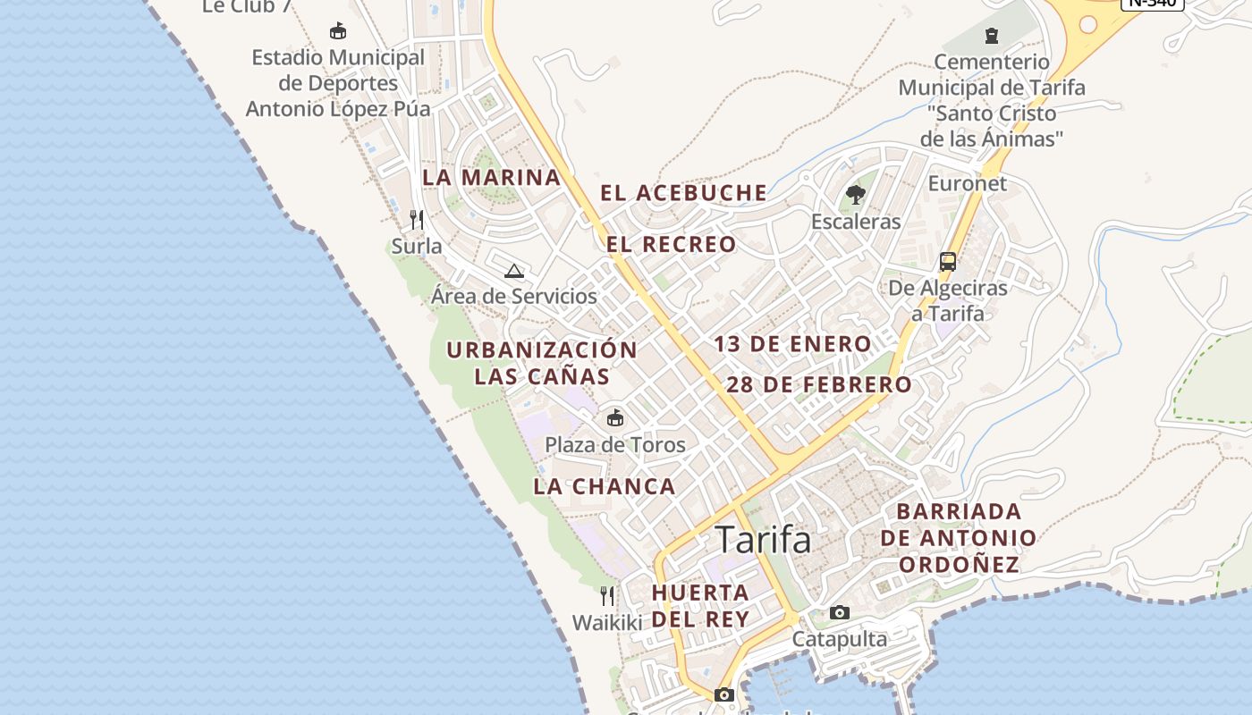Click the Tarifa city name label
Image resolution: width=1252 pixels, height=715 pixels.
tap(763, 540)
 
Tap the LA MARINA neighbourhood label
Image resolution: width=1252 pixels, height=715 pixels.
tap(491, 177)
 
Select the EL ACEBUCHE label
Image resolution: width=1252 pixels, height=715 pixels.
tap(683, 193)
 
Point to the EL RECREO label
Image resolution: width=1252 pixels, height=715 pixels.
tap(672, 245)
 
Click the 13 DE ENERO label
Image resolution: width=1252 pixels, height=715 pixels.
tap(792, 344)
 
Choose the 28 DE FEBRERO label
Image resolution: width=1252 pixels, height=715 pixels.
tap(819, 385)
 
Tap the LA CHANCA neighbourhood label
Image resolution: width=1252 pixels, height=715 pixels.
tap(605, 487)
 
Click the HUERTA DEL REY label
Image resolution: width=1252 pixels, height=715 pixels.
tap(700, 605)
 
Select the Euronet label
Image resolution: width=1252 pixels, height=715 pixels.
tap(967, 184)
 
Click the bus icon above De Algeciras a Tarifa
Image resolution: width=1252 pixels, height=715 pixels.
tap(948, 262)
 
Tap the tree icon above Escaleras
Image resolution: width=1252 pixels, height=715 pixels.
tap(856, 194)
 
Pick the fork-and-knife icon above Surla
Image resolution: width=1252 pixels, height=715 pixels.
tap(417, 219)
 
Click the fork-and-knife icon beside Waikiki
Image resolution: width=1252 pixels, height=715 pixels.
tap(607, 595)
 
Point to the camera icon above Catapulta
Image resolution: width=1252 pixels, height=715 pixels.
tap(839, 612)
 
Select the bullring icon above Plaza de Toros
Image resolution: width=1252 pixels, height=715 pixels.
tap(615, 417)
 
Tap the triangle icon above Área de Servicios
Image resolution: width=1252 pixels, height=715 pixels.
tap(513, 271)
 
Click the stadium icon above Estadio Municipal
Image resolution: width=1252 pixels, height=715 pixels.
tap(338, 31)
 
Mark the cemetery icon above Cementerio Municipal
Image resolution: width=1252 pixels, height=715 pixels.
tap(991, 36)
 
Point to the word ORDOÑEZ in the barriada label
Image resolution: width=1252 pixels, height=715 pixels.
tap(959, 565)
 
